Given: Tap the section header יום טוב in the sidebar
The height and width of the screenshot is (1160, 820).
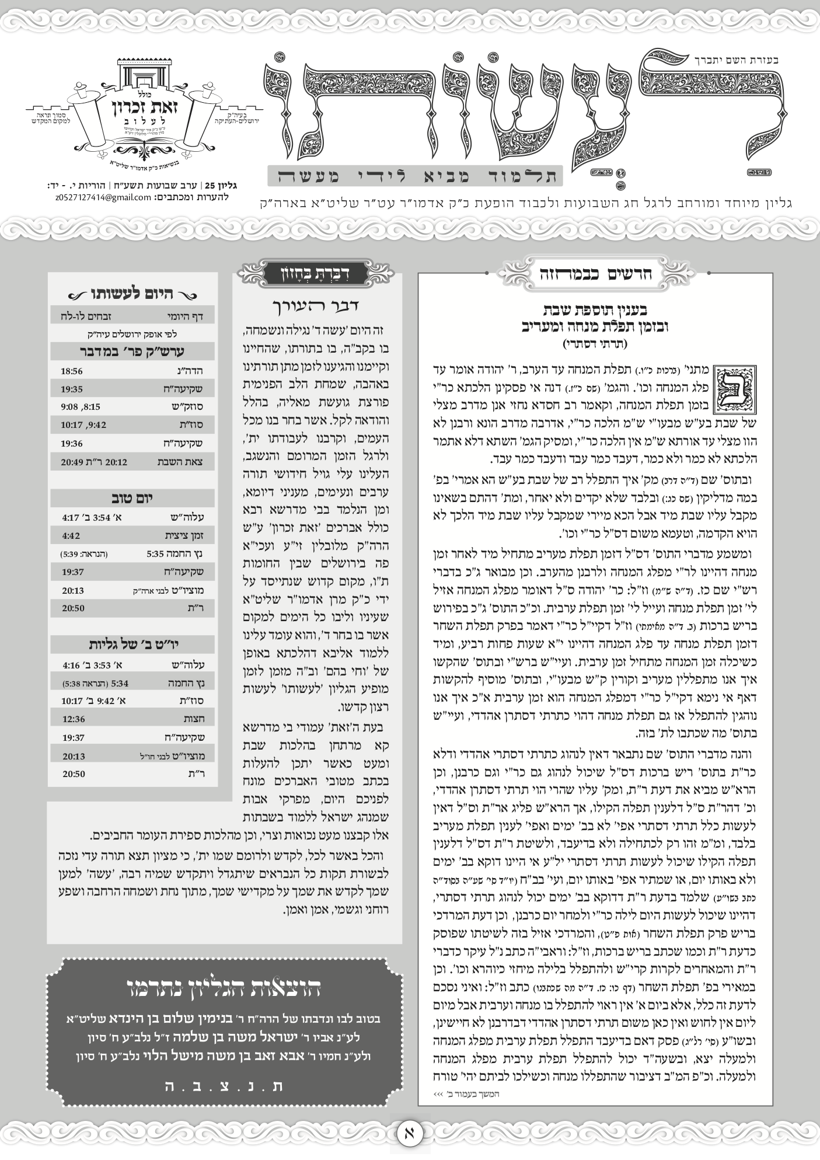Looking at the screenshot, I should [x=132, y=498].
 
